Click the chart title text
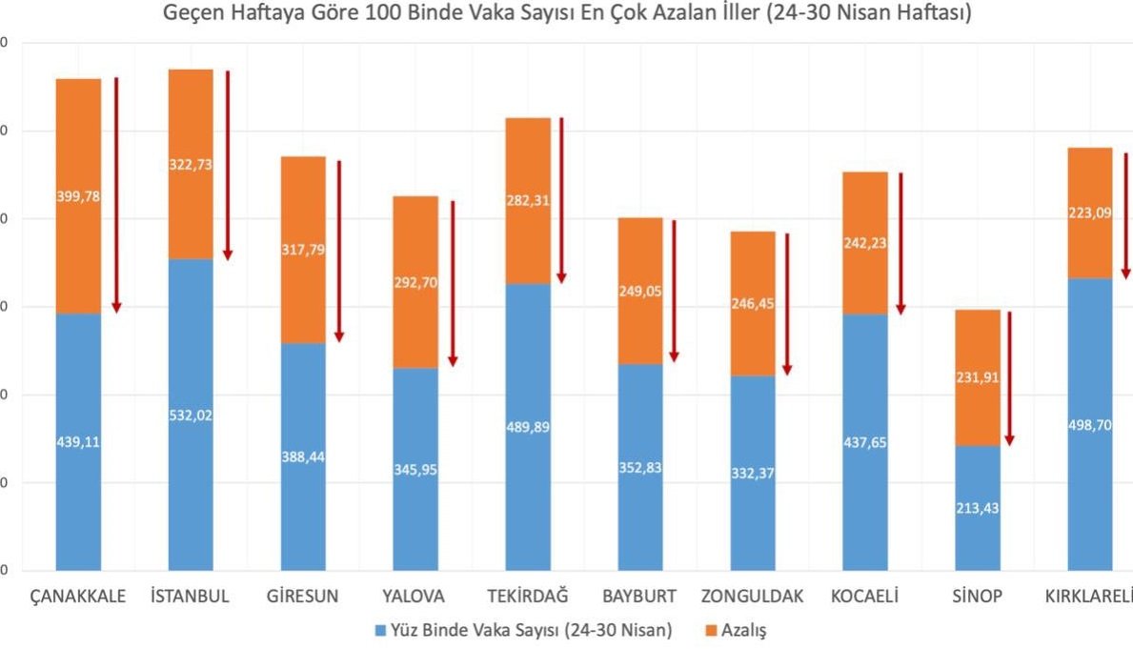coord(566,14)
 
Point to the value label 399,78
coord(78,196)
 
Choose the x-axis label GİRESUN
coord(303,597)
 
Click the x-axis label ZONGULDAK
coord(752,597)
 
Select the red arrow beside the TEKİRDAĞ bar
coord(561,200)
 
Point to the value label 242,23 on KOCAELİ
coord(865,242)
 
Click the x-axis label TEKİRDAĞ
coord(528,597)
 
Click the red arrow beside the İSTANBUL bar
coord(228,165)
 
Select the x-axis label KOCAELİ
coord(864,597)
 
